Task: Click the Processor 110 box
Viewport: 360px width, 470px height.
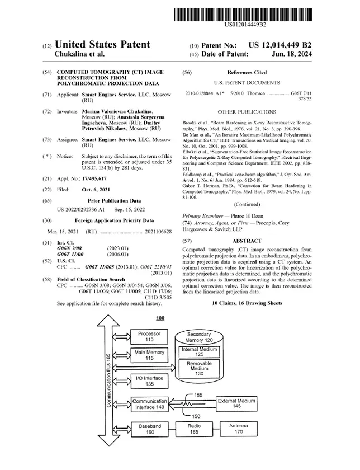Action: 149,336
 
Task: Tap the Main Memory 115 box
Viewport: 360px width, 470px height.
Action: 149,355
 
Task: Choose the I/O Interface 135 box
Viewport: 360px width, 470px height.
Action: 149,381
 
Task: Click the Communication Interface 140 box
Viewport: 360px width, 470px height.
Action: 149,404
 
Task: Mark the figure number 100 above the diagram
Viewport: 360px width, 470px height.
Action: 160,318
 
